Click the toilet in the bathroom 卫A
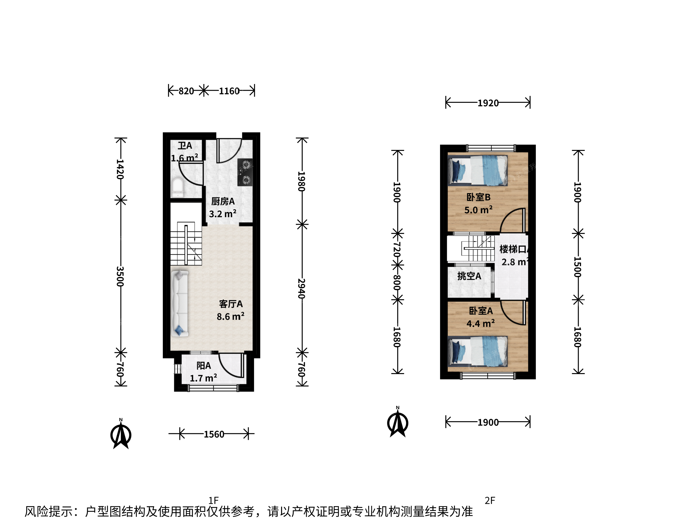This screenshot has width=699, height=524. coord(177,188)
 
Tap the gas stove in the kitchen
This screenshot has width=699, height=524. coord(245,172)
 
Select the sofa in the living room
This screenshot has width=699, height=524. coord(180,303)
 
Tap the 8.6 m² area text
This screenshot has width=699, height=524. coord(230,316)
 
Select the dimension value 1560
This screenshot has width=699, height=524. coord(214,434)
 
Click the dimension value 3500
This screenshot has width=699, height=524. coord(120,276)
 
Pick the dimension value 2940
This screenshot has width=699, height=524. coord(301,288)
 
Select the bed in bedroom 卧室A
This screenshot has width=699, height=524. coord(478,351)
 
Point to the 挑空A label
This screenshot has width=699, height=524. coord(469,276)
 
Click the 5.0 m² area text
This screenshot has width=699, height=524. coord(478,210)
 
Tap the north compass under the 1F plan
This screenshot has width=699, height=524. coord(121,434)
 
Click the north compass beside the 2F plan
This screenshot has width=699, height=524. coord(398,422)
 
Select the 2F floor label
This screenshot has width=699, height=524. coord(490,500)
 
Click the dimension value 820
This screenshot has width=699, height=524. coord(186,91)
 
